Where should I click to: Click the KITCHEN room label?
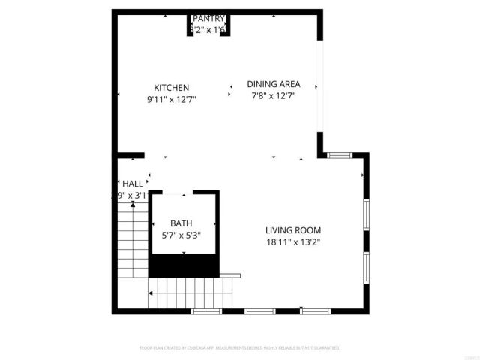coord(171,87)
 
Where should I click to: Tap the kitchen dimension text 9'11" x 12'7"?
coord(171,98)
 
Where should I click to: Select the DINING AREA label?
coord(274,84)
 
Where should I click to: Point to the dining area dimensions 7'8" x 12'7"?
coord(274,95)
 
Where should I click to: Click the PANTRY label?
coord(208,18)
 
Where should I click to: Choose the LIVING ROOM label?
coord(293,230)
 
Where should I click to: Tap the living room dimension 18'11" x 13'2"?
coord(293,241)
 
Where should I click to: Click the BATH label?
coord(181,223)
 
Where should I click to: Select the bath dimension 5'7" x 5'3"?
coord(181,235)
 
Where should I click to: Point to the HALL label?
coord(132,184)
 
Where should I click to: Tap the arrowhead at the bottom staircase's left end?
coord(151,293)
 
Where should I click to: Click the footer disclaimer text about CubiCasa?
coord(240,348)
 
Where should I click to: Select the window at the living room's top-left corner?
coord(339,155)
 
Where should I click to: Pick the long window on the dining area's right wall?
coord(322,86)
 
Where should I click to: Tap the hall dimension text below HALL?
coord(129,196)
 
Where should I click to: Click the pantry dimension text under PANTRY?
coord(208,30)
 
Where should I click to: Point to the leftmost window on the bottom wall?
coord(205,310)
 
